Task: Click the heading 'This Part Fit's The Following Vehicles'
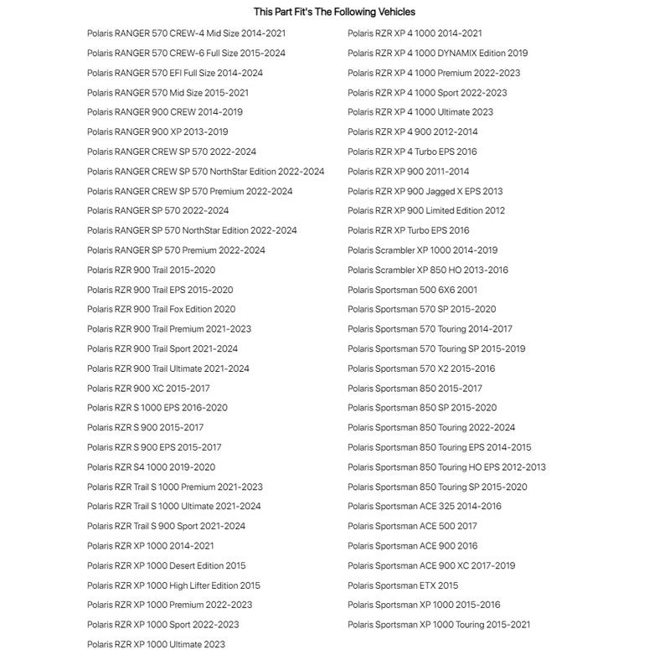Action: pyautogui.click(x=334, y=12)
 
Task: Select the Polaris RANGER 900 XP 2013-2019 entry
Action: pyautogui.click(x=157, y=131)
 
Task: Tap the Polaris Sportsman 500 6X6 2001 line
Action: pyautogui.click(x=412, y=290)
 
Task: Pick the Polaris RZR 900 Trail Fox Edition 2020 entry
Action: pyautogui.click(x=161, y=309)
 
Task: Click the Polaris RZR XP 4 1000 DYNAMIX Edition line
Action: pyautogui.click(x=437, y=53)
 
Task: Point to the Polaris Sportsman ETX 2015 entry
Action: pyautogui.click(x=403, y=585)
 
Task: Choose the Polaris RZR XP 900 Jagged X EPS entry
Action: pyautogui.click(x=425, y=191)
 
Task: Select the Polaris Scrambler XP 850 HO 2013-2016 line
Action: pyautogui.click(x=427, y=270)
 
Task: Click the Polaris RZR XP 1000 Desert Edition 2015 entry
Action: pyautogui.click(x=166, y=565)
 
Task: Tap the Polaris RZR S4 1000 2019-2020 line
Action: pyautogui.click(x=151, y=467)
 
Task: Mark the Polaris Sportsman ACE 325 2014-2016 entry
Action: pyautogui.click(x=424, y=506)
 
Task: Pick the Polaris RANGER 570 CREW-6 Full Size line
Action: pyautogui.click(x=186, y=53)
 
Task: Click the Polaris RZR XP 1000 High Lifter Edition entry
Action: pyautogui.click(x=173, y=585)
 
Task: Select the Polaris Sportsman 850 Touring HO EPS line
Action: pyautogui.click(x=446, y=467)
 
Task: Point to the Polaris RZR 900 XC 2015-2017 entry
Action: pyautogui.click(x=148, y=389)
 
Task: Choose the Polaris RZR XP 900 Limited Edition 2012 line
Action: pyautogui.click(x=426, y=210)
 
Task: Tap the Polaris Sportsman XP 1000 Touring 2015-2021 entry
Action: pyautogui.click(x=439, y=625)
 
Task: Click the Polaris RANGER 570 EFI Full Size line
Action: pyautogui.click(x=174, y=73)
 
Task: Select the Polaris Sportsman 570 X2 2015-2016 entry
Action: pyautogui.click(x=421, y=368)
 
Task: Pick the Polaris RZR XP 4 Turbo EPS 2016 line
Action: pyautogui.click(x=412, y=152)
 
